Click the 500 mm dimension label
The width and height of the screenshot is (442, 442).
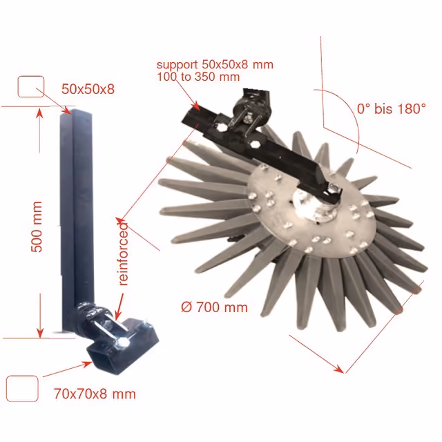(x=37, y=227)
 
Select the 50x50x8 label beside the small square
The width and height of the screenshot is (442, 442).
(x=88, y=89)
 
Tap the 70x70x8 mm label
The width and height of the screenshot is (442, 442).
(x=95, y=394)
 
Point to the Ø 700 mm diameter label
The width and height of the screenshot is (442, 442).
(x=214, y=307)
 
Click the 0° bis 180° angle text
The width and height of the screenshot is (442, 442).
(x=392, y=108)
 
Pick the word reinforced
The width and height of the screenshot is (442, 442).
(x=123, y=254)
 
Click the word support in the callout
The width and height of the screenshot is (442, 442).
(x=177, y=65)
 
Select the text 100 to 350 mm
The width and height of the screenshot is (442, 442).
(x=198, y=77)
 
